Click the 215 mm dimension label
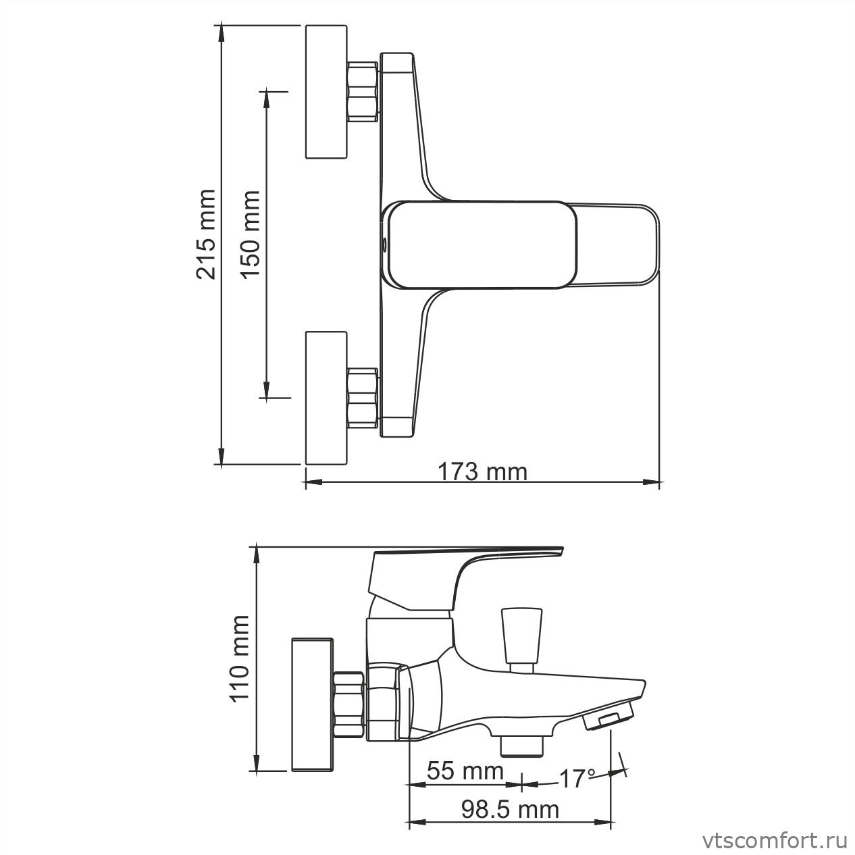coord(205,234)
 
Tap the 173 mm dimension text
coord(482,471)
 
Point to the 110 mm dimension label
coord(240,659)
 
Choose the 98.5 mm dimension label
coord(510,808)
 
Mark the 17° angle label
coord(576,779)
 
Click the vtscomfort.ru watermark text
coord(775,841)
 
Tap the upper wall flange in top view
coord(327,92)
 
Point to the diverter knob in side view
coord(521,636)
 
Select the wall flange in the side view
coord(313,703)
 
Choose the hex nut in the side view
coord(350,704)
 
